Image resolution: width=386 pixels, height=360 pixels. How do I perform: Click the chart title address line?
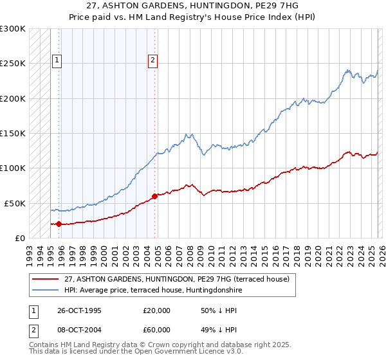pyautogui.click(x=193, y=6)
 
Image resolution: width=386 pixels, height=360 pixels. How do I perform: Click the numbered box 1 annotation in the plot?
pyautogui.click(x=57, y=61)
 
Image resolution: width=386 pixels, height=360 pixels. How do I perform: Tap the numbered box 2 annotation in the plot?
pyautogui.click(x=152, y=61)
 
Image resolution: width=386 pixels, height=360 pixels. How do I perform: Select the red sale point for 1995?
pyautogui.click(x=59, y=224)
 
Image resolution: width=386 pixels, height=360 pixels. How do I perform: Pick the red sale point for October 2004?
pyautogui.click(x=154, y=196)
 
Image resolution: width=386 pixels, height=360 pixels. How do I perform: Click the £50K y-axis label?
pyautogui.click(x=15, y=203)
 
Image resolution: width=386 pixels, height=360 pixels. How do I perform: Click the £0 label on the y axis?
pyautogui.click(x=19, y=238)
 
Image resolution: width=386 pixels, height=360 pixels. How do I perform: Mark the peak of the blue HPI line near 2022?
pyautogui.click(x=347, y=69)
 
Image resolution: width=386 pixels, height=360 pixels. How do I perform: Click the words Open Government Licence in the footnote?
pyautogui.click(x=193, y=353)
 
